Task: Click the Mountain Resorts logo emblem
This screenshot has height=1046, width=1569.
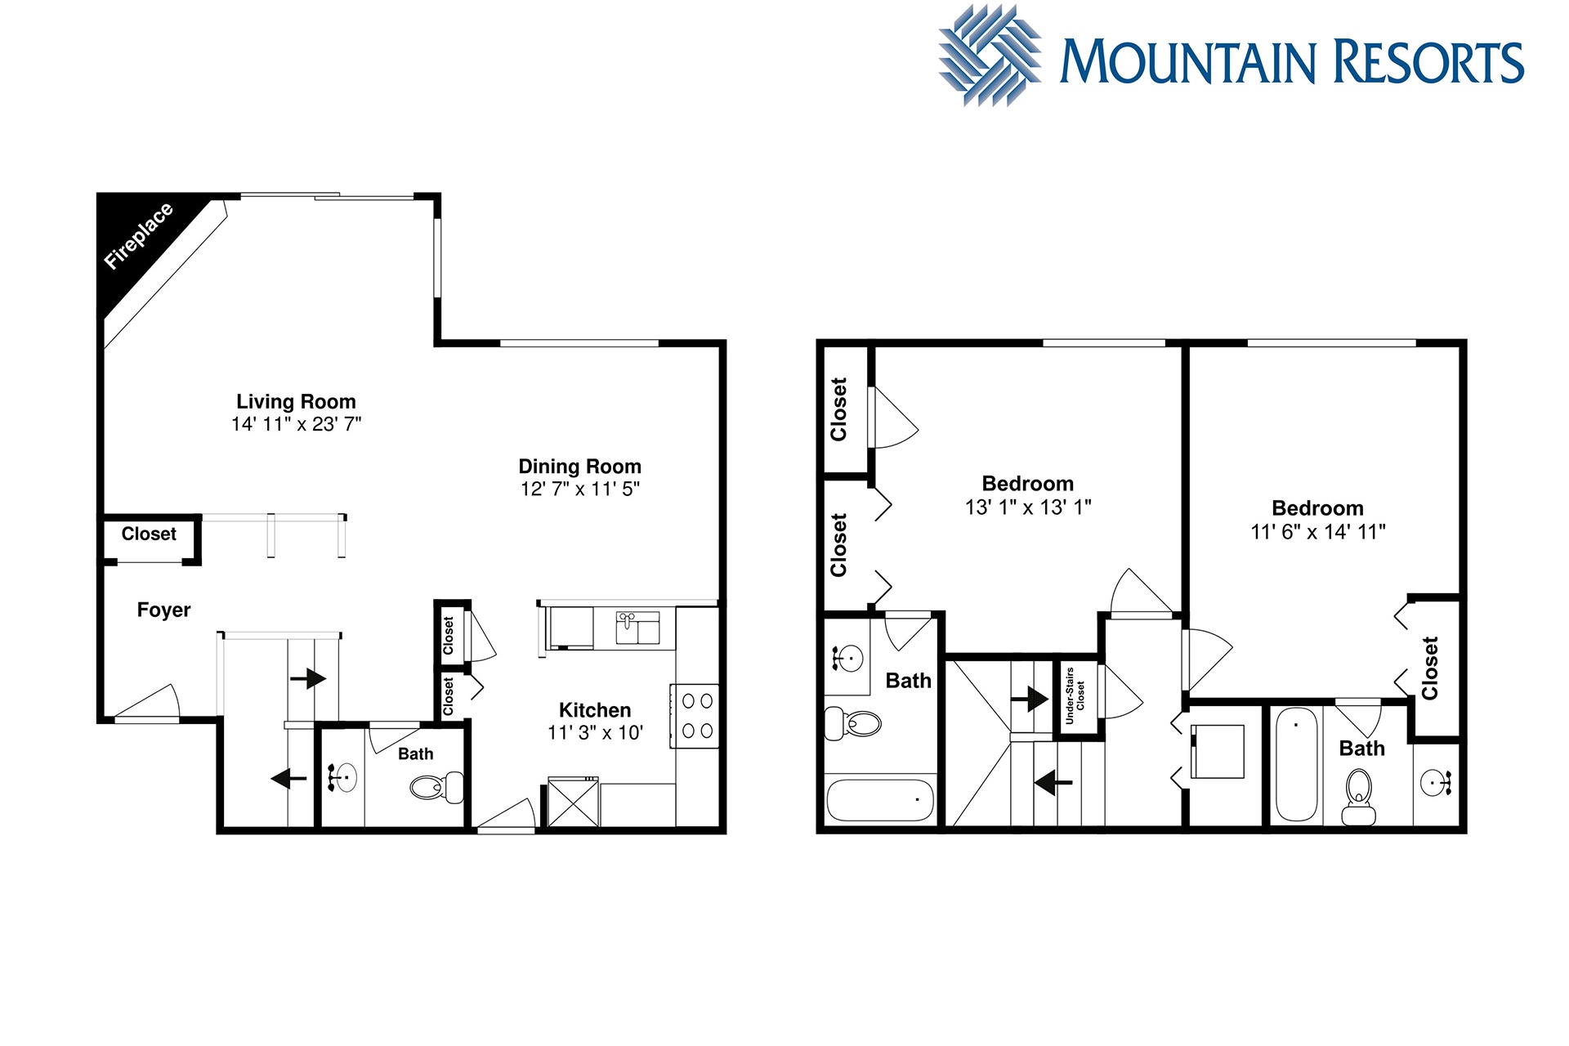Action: coord(990,55)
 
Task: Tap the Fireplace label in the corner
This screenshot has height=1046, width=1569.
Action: coord(139,235)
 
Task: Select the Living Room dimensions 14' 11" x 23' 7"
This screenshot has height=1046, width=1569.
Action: coord(296,424)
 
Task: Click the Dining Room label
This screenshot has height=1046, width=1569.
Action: coord(580,467)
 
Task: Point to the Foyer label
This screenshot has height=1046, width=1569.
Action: coord(163,610)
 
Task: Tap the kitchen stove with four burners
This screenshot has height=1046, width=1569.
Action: coord(695,716)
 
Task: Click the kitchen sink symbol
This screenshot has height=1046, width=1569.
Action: coord(637,628)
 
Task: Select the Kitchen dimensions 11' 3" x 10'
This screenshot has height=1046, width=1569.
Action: coord(596,733)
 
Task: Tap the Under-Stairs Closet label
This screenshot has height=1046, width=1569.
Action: coord(1075,696)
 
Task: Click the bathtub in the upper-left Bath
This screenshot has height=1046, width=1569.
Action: coord(880,800)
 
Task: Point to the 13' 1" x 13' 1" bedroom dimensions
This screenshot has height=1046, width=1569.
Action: coord(1028,507)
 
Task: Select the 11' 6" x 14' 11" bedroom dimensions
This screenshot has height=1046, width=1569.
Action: coord(1318,532)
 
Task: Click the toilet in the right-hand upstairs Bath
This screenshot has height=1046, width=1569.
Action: coord(1358,797)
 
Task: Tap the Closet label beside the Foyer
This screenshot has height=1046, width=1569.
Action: coord(149,534)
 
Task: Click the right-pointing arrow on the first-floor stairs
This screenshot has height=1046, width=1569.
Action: coord(307,678)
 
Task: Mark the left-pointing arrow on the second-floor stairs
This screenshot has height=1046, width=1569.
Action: coord(1053,783)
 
